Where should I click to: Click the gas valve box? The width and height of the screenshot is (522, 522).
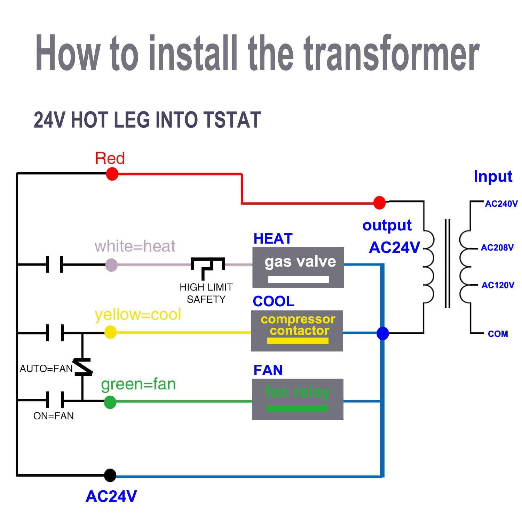click(x=298, y=267)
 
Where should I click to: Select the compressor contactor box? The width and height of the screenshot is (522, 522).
click(x=297, y=331)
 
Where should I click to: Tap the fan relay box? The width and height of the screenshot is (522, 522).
click(x=298, y=399)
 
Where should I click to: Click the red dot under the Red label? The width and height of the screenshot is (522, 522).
click(x=112, y=174)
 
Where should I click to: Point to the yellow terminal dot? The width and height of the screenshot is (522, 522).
click(x=110, y=332)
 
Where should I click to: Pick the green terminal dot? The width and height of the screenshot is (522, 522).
click(x=110, y=402)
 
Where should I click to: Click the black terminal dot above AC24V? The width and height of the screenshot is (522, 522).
click(x=110, y=475)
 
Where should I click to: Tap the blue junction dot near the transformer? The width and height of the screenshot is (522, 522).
click(x=383, y=333)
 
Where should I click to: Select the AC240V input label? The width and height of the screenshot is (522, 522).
click(x=501, y=204)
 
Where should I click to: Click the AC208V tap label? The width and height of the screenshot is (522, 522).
click(x=497, y=248)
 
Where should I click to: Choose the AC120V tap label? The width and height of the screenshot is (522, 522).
click(x=498, y=285)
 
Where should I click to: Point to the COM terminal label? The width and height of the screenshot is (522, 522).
click(x=498, y=334)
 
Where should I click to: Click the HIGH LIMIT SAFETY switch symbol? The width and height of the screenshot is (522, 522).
click(x=208, y=267)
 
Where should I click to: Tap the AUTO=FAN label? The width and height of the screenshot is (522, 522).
click(x=46, y=369)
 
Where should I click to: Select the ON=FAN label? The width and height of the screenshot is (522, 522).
click(x=53, y=416)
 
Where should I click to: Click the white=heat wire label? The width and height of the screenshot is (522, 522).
click(x=135, y=246)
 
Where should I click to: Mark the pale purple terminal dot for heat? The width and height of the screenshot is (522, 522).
click(x=111, y=265)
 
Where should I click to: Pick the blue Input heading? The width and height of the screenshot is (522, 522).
click(x=493, y=176)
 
